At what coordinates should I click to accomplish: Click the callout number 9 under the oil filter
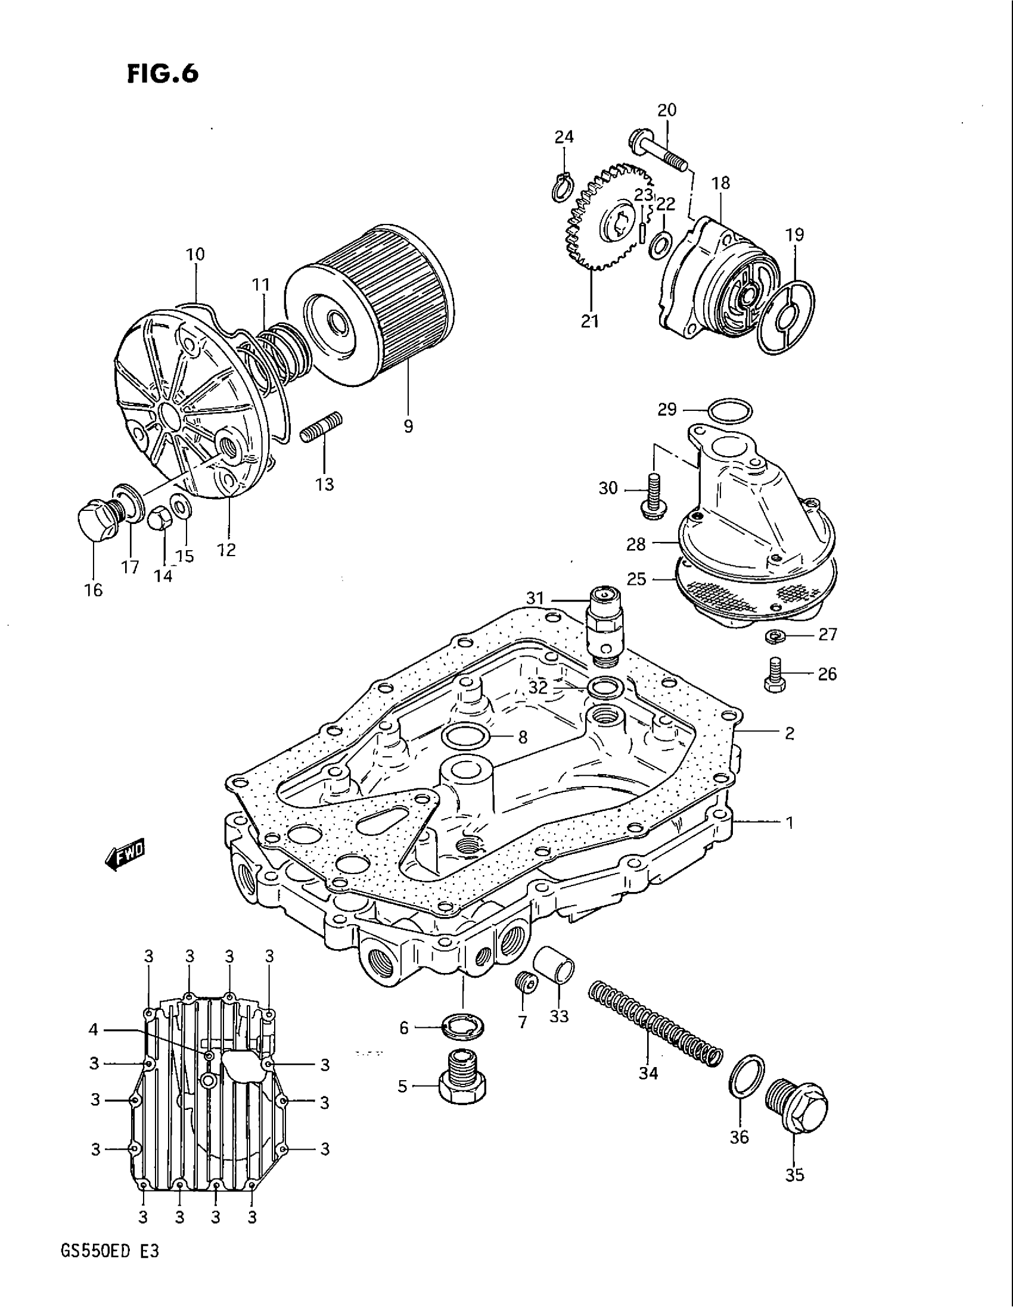pos(408,427)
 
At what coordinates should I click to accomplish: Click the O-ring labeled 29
pos(728,411)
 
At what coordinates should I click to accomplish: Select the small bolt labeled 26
pos(775,675)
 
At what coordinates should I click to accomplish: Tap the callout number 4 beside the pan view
pos(93,1030)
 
